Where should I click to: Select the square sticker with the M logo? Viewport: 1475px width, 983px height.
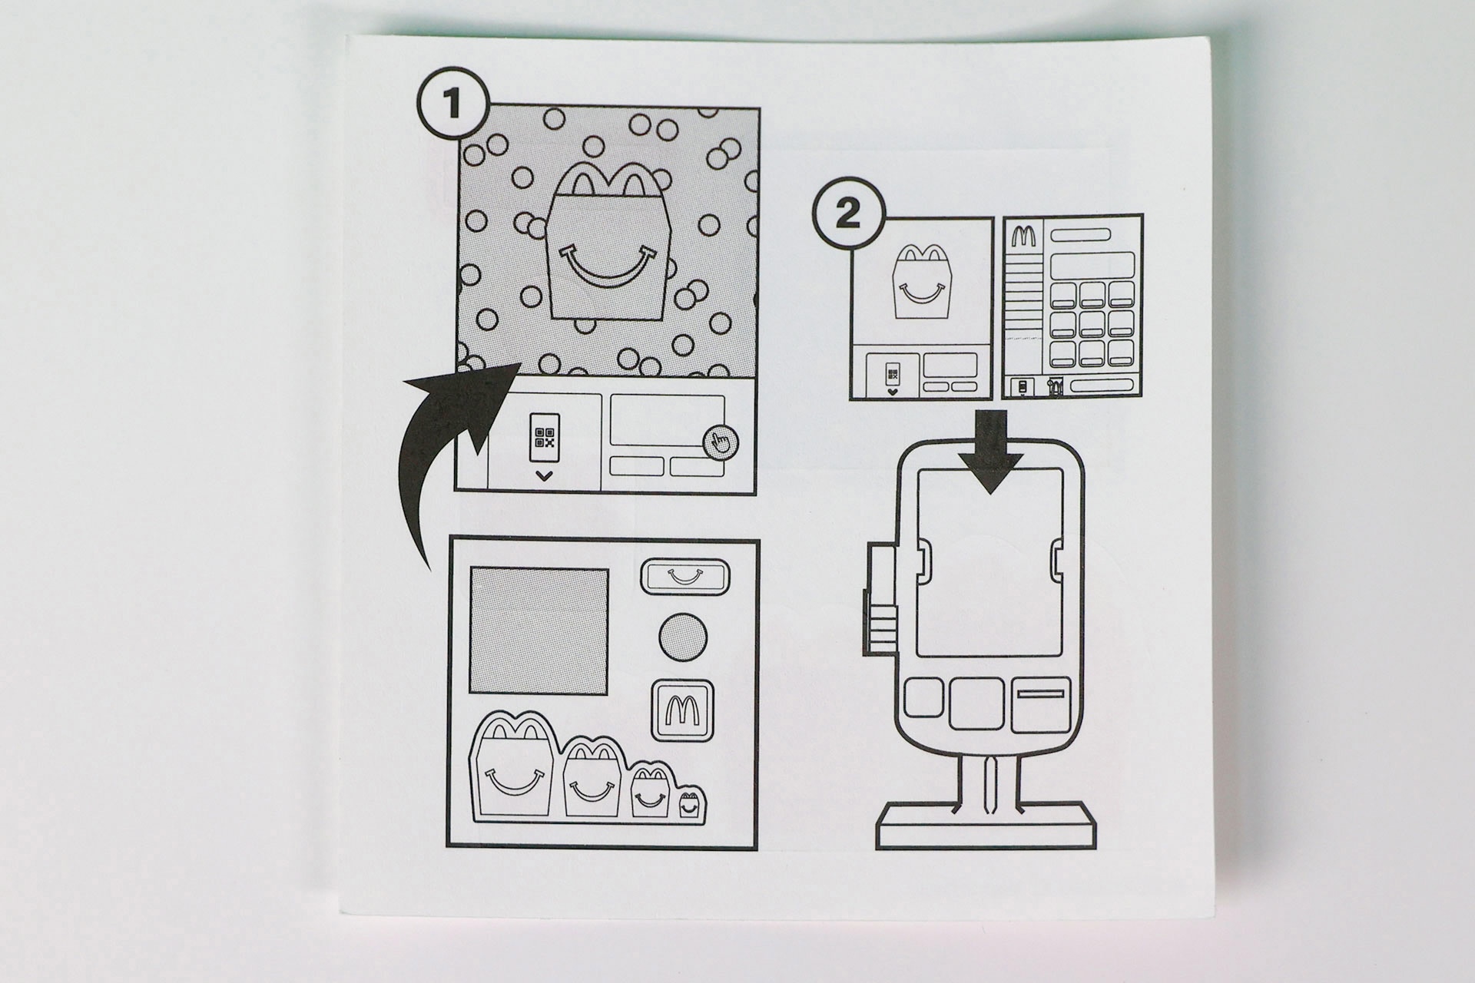click(682, 710)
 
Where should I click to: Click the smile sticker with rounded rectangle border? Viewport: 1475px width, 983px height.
click(683, 576)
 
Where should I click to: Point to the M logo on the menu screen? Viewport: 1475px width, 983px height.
click(1021, 236)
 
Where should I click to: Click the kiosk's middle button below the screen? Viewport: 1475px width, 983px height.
click(976, 703)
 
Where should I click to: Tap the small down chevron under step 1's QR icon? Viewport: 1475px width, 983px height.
click(545, 476)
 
